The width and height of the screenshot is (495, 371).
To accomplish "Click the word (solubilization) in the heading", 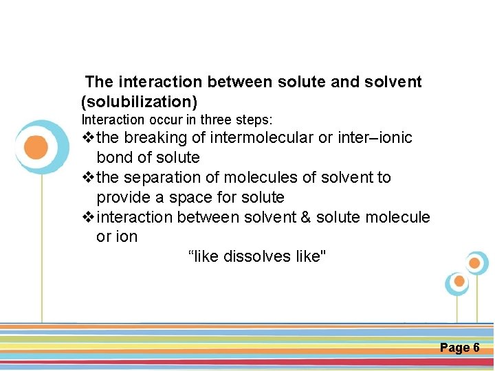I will click(140, 102).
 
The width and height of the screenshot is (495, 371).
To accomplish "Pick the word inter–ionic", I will click(375, 138).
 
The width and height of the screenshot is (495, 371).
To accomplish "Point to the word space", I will click(191, 197).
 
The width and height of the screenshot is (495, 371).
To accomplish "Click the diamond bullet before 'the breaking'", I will click(87, 138).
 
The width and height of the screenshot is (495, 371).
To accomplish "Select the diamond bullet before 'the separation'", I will click(87, 177).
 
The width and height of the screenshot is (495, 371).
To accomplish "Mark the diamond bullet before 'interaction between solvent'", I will click(87, 217).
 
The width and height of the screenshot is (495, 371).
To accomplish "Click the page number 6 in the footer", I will click(476, 348).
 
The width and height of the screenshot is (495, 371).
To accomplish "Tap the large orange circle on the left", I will click(36, 147).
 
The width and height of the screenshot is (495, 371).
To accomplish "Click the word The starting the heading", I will click(100, 82).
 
